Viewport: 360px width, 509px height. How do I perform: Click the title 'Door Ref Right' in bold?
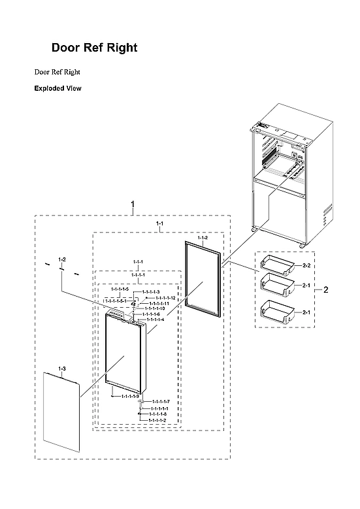[94, 48]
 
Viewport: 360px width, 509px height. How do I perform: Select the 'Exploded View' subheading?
[57, 88]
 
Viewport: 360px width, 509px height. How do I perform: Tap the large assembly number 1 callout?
[133, 204]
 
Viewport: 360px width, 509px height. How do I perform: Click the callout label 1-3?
[61, 369]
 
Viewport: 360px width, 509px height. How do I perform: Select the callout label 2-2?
[305, 267]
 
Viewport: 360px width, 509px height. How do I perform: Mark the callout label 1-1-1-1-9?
[129, 396]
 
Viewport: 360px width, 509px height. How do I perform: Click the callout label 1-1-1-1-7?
[161, 401]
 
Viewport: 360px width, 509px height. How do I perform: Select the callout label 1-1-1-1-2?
[157, 419]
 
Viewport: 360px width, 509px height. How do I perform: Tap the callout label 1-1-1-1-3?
[151, 292]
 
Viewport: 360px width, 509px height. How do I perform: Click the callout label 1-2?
[62, 259]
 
